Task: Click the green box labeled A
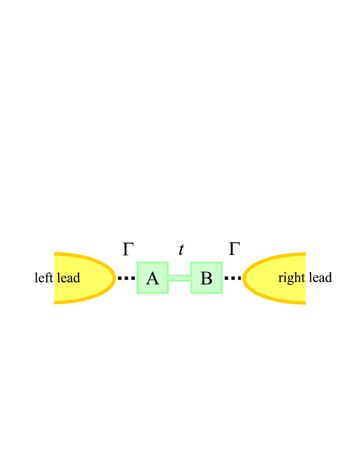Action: (x=152, y=278)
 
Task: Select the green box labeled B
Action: (x=206, y=278)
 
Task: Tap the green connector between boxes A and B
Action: (x=180, y=278)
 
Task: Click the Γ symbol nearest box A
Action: (x=128, y=250)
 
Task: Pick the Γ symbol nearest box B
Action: (x=234, y=250)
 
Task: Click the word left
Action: (x=44, y=278)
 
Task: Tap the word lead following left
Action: (x=68, y=278)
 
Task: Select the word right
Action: (x=291, y=278)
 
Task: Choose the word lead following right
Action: (x=320, y=278)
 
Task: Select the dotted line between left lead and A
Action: (x=126, y=278)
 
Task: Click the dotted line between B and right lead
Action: (x=233, y=278)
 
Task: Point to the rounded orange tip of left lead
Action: (x=114, y=278)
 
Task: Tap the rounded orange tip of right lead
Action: (x=244, y=278)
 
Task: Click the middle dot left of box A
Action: (x=126, y=278)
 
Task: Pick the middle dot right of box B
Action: (x=233, y=278)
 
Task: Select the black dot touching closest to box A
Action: (x=132, y=278)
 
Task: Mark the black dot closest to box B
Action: (x=227, y=278)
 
